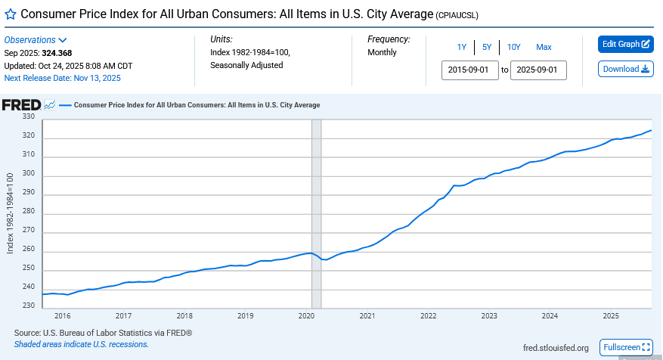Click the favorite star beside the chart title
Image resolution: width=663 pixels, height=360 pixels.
tap(11, 14)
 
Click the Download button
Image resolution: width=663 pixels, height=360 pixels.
tap(625, 69)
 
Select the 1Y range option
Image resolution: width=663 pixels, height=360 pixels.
tap(462, 47)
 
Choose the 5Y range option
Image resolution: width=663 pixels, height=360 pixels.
tap(487, 47)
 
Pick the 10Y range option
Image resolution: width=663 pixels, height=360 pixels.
tap(514, 47)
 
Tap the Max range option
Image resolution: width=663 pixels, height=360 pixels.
tap(544, 47)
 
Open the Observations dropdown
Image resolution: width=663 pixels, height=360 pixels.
tap(36, 40)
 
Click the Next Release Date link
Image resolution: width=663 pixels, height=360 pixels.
tap(62, 78)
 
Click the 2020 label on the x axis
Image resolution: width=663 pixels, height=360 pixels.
tap(306, 315)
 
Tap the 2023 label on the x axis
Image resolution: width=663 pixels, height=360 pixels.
tap(489, 315)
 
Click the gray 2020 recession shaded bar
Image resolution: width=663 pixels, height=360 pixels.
tap(317, 212)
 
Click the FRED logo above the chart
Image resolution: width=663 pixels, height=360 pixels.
tap(20, 104)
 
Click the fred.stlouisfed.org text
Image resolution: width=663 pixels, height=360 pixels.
tap(556, 348)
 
